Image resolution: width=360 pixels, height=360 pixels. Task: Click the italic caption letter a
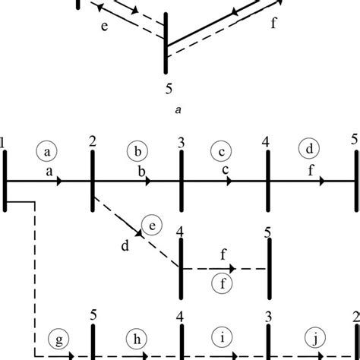(x=177, y=110)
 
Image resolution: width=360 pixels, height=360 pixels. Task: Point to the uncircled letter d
(x=124, y=245)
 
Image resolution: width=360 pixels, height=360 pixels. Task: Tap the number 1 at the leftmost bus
(x=4, y=142)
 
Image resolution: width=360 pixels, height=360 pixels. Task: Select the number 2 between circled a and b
(x=92, y=141)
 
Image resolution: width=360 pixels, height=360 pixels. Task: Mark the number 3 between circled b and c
(x=181, y=141)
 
